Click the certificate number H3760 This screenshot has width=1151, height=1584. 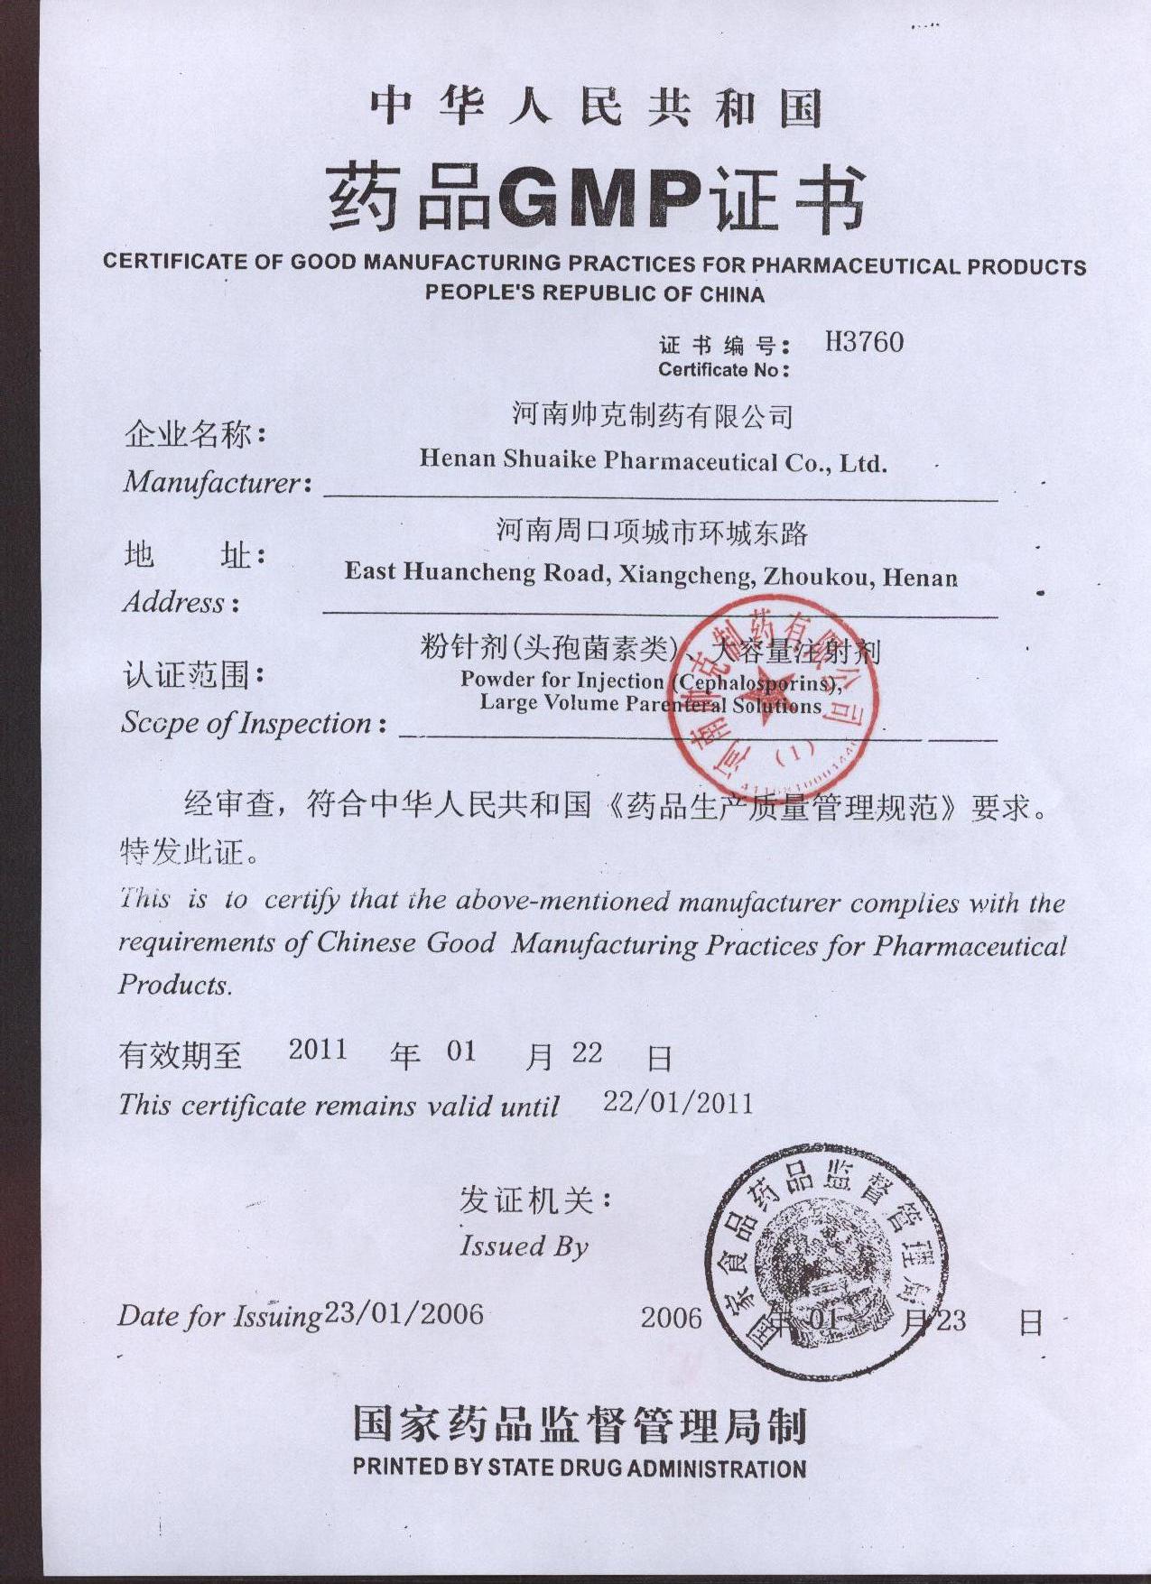coord(864,342)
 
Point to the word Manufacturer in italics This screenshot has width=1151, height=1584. coord(211,482)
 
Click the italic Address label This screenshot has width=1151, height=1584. coord(174,602)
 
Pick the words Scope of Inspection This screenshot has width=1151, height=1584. coord(247,723)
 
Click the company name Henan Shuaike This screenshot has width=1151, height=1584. coord(506,459)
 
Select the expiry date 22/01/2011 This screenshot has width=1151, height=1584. coord(677,1102)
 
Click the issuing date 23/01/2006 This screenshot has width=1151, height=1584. coord(404,1313)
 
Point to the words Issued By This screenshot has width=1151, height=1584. coord(524,1246)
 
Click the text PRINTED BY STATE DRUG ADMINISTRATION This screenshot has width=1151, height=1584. coord(579,1468)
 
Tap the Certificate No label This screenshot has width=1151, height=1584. coord(723,369)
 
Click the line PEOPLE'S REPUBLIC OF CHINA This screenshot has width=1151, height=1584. coord(594,293)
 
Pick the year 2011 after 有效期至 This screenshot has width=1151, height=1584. coord(317,1049)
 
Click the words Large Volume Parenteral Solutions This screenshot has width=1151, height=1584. coord(650,704)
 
